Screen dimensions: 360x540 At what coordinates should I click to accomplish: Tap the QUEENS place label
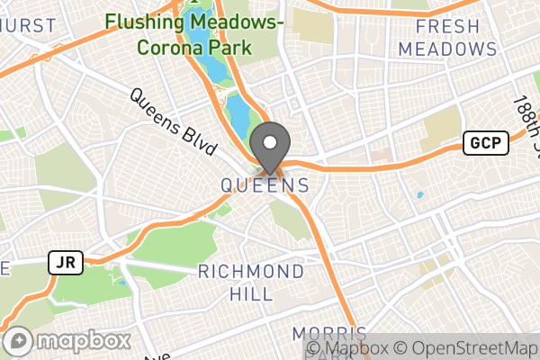[266, 185]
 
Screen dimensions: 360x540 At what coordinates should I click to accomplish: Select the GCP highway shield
[486, 142]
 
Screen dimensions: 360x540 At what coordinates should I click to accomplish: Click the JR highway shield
[67, 263]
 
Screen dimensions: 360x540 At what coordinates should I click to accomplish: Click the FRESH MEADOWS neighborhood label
[447, 38]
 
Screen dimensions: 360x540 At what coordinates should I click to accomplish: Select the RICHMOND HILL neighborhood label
[251, 282]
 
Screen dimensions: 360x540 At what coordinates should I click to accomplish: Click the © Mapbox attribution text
[347, 348]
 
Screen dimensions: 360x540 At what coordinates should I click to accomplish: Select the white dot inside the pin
[269, 142]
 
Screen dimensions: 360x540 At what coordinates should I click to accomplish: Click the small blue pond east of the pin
[419, 194]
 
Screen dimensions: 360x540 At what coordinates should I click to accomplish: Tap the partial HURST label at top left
[27, 26]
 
